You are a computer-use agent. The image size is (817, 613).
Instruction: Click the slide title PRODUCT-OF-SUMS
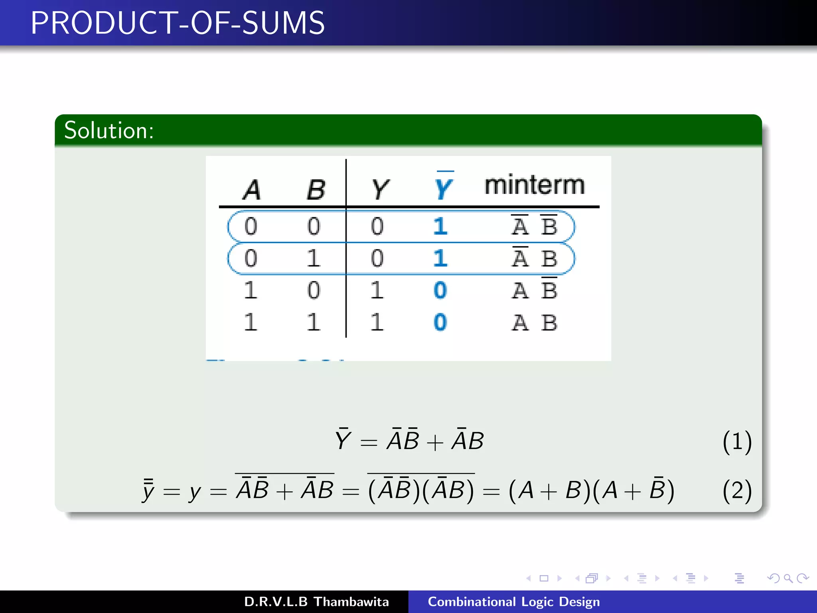tap(178, 23)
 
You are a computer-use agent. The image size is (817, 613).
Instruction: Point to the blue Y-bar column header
tap(444, 187)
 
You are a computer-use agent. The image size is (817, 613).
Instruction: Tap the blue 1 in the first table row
tap(440, 226)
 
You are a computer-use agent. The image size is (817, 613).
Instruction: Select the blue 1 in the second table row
tap(440, 258)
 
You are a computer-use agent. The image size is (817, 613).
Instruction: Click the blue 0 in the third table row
tap(440, 290)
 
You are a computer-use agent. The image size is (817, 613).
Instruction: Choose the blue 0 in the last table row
tap(440, 322)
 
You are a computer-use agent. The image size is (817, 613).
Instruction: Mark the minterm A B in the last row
tap(535, 322)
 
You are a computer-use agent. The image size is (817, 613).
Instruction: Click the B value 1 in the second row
tap(314, 258)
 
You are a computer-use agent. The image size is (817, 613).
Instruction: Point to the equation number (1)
tap(737, 442)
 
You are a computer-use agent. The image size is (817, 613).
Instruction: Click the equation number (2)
tap(737, 490)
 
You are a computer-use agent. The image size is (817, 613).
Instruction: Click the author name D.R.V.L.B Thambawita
tap(316, 602)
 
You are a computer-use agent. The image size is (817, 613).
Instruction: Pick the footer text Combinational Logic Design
tap(514, 602)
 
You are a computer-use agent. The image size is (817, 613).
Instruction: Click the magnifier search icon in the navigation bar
tap(788, 578)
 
